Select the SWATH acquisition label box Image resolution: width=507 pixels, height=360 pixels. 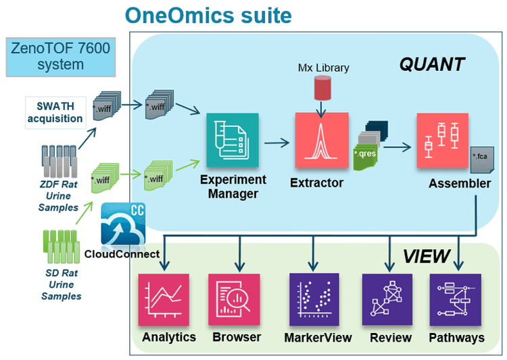[55, 112]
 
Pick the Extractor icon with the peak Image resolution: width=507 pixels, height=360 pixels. [321, 140]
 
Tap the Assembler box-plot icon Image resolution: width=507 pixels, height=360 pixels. [442, 140]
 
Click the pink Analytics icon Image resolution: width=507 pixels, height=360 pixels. [165, 301]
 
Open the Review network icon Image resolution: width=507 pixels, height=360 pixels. [387, 301]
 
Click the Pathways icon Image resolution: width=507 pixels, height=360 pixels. [455, 301]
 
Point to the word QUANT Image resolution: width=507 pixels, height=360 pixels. [431, 64]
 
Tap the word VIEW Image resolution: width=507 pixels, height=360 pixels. [426, 256]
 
